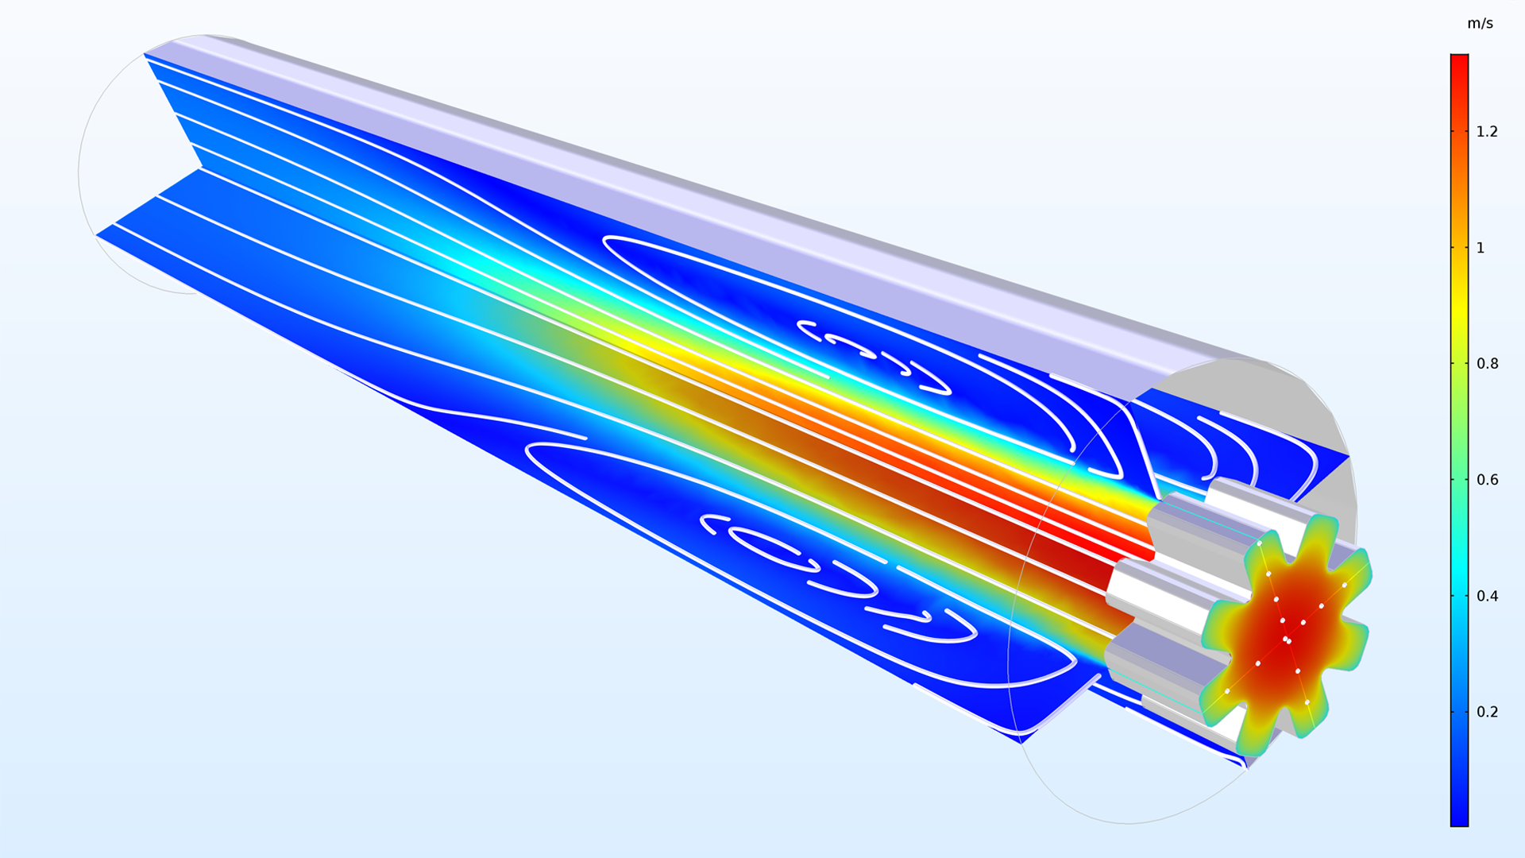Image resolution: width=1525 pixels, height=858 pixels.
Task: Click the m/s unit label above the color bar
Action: coord(1480,24)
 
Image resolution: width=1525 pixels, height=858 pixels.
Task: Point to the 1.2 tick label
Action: coord(1487,132)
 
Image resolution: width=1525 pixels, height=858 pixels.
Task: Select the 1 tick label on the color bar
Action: coord(1481,248)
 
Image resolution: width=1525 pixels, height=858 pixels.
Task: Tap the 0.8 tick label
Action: coord(1487,364)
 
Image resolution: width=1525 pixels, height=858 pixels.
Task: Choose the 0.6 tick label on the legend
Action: coord(1487,480)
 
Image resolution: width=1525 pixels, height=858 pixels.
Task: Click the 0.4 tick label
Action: coord(1487,596)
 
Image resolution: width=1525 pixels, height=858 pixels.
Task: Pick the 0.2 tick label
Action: coord(1487,712)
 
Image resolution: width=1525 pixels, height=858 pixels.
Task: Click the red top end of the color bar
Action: coord(1459,64)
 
